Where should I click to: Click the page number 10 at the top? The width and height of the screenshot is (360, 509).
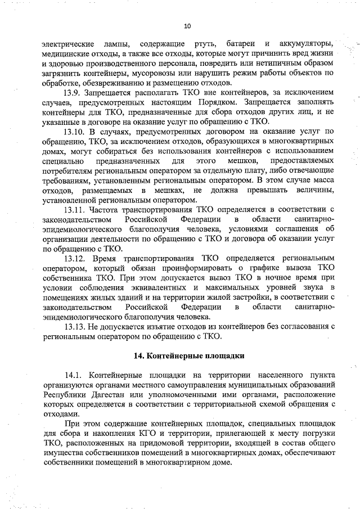pos(187,26)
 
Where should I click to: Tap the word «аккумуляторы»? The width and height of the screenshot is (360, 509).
pos(303,44)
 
